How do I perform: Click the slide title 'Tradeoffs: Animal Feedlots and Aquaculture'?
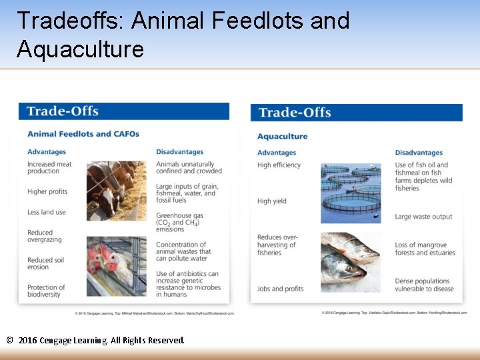tap(183, 35)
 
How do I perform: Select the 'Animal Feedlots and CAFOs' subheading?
tap(83, 134)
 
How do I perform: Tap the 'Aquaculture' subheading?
tap(282, 137)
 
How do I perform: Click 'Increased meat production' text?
tap(49, 167)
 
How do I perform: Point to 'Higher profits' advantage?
tap(47, 192)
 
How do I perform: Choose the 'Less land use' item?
tap(46, 212)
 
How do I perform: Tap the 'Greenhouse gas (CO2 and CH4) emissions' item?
tap(179, 223)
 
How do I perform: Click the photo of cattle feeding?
tap(116, 191)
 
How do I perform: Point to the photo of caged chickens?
tap(116, 266)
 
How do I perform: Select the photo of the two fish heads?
tap(350, 262)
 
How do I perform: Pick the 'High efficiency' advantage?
tap(279, 165)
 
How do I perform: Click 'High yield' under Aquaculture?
tap(272, 201)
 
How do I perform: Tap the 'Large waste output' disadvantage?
tap(423, 217)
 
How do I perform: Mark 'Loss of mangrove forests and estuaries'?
tap(425, 249)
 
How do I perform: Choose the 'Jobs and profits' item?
tap(280, 289)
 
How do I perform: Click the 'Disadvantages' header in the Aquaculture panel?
tap(418, 153)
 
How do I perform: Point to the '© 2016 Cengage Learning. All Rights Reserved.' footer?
tap(95, 341)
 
